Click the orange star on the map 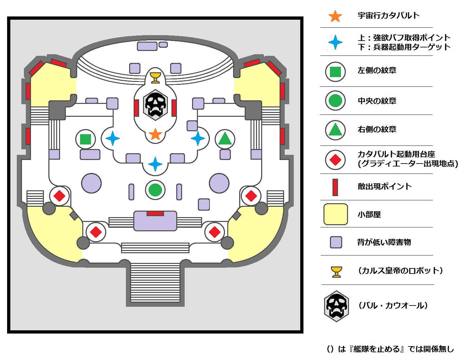click(x=155, y=134)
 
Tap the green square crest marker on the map click(x=86, y=139)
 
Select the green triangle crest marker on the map click(x=225, y=139)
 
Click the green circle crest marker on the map click(x=155, y=190)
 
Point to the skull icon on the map click(x=155, y=105)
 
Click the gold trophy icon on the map click(x=155, y=77)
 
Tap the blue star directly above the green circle click(x=155, y=164)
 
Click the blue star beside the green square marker click(x=113, y=139)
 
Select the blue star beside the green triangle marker click(x=198, y=139)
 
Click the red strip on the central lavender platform click(x=155, y=214)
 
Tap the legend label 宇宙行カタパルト click(x=388, y=15)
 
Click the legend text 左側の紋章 click(x=377, y=70)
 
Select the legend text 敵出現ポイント click(x=384, y=186)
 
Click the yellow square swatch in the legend click(x=336, y=214)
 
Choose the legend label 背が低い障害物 click(x=384, y=242)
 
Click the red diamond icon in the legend click(x=335, y=160)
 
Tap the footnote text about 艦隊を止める click(x=390, y=349)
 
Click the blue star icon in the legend click(x=335, y=42)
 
